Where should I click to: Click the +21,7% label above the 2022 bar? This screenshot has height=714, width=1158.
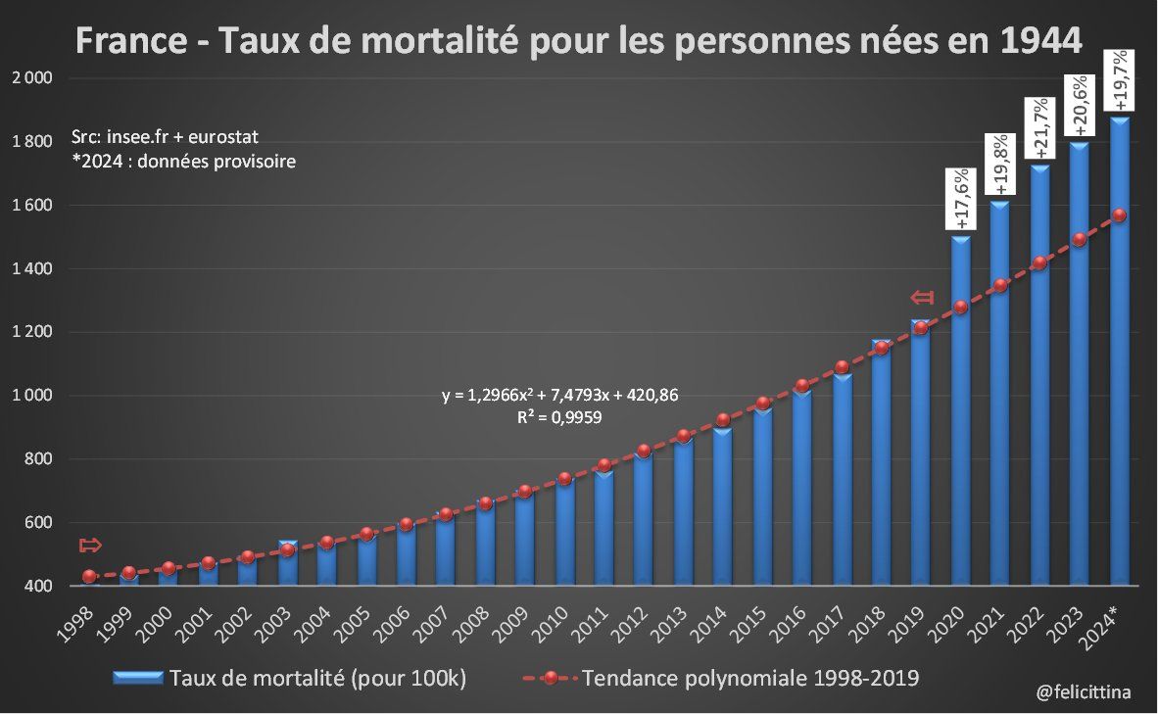(x=1040, y=128)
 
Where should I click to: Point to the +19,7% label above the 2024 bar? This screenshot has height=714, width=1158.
(x=1120, y=80)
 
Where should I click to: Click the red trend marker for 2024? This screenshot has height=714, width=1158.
(x=1120, y=215)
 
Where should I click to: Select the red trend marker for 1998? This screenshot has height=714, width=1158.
(x=89, y=577)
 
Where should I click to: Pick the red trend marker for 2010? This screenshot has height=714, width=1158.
(x=564, y=479)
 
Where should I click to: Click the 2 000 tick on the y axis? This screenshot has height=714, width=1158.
(x=32, y=78)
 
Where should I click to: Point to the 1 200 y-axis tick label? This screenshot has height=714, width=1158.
(x=32, y=332)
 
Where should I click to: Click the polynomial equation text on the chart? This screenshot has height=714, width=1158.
(x=559, y=396)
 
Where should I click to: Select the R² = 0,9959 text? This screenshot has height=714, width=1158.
(x=559, y=417)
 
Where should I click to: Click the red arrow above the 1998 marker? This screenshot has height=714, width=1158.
(x=90, y=546)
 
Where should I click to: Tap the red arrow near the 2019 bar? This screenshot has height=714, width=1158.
(x=922, y=297)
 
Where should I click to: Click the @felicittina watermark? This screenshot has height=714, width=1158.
(x=1083, y=692)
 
